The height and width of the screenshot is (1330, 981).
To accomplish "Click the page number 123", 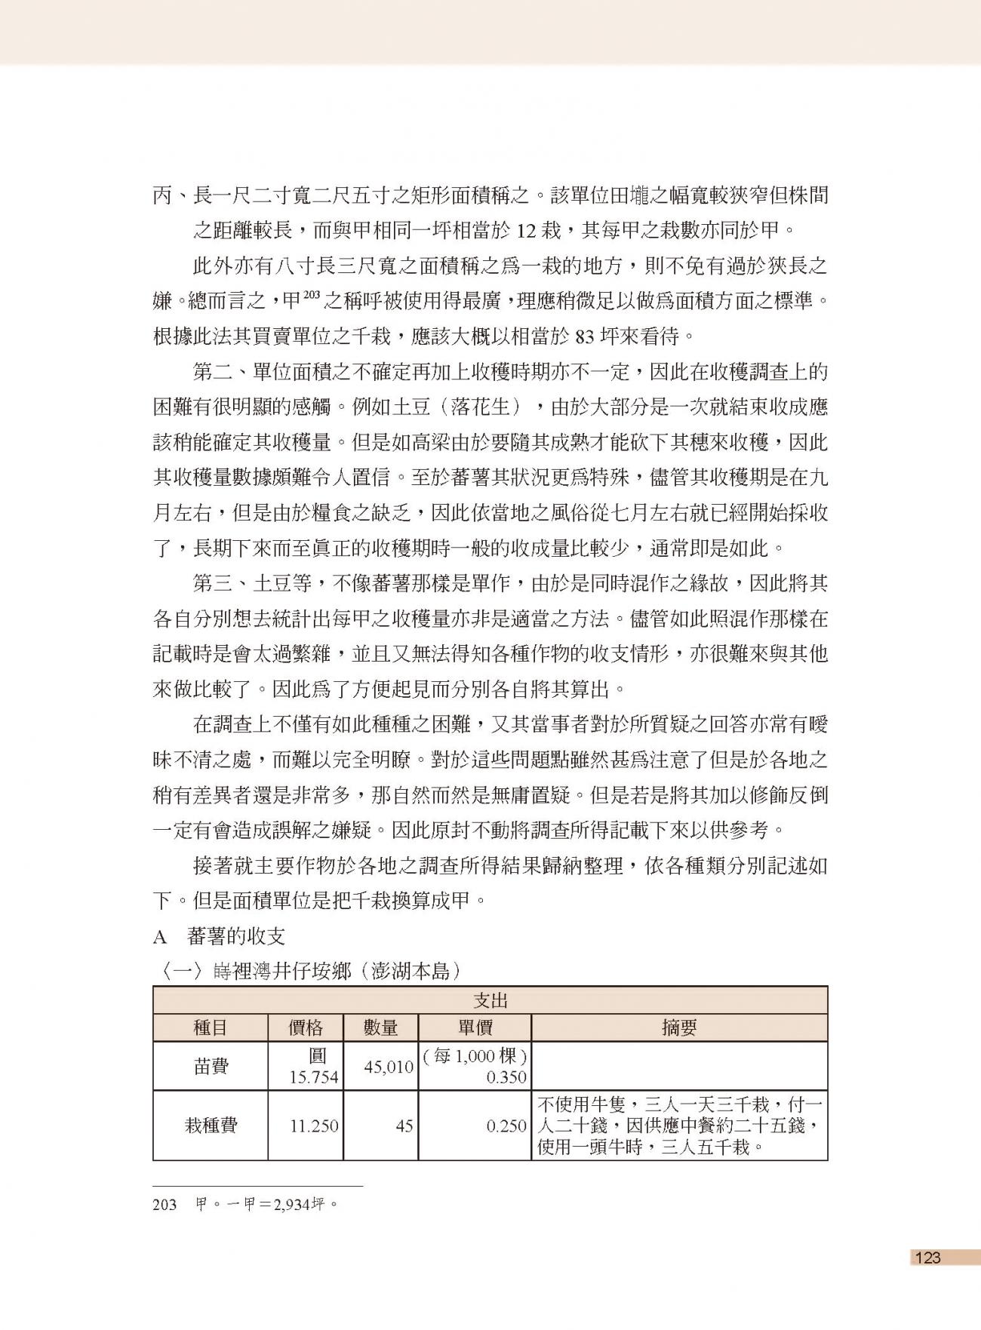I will tap(928, 1257).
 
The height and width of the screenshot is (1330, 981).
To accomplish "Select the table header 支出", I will tap(490, 1000).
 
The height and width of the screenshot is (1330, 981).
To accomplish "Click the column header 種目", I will tap(211, 1027).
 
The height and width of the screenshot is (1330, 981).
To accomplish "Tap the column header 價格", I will tap(306, 1027).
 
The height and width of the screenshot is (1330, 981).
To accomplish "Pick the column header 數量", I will tap(380, 1027).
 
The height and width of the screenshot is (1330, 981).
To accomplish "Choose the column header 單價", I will tap(475, 1027).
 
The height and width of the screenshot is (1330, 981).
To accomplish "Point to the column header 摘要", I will tap(679, 1027).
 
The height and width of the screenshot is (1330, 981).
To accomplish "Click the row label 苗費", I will tap(211, 1066).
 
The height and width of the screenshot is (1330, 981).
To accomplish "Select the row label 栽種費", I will tap(211, 1126).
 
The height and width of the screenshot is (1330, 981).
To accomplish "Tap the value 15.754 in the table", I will tap(314, 1077).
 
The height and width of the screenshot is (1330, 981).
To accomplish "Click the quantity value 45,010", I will tap(389, 1067).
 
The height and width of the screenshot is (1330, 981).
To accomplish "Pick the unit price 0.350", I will tap(506, 1077).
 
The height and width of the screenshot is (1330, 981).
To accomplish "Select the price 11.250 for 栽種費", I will tap(314, 1126).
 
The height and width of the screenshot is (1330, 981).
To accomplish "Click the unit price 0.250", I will tap(506, 1126).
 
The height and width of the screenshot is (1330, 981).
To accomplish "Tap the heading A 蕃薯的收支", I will tap(219, 937).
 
